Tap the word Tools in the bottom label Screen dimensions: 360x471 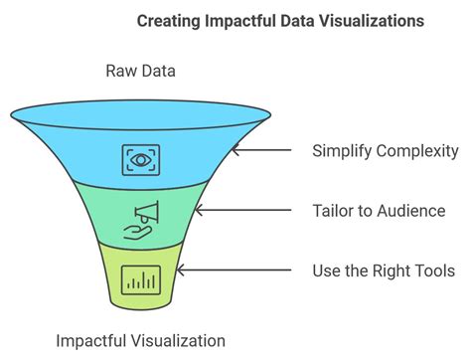(434, 270)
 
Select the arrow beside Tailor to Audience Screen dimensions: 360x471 (243, 211)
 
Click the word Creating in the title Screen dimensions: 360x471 (167, 20)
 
